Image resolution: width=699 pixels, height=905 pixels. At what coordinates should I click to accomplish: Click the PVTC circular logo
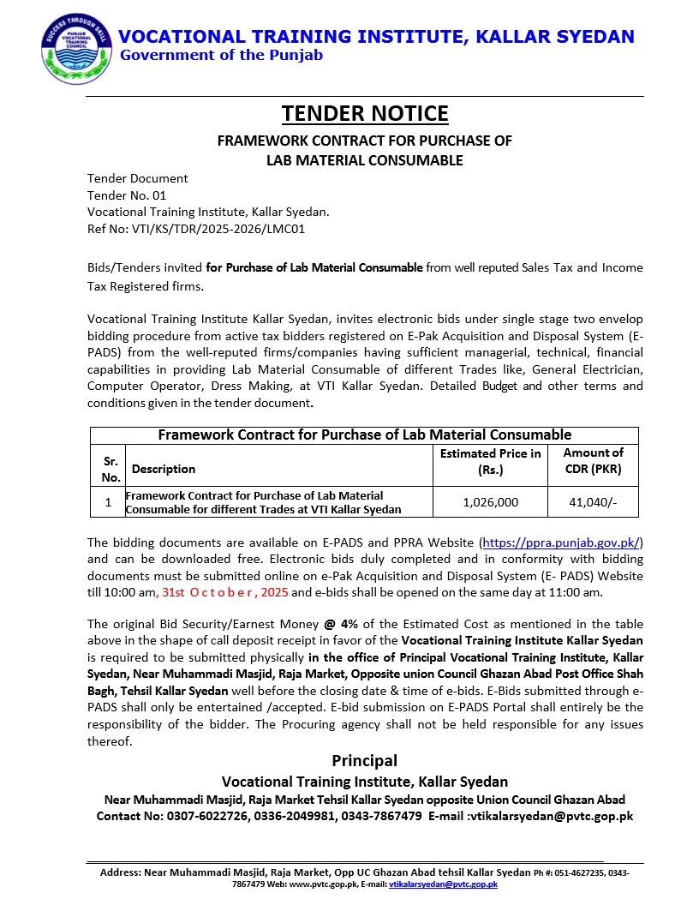tap(76, 50)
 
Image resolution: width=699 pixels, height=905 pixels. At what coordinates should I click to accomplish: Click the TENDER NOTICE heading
tap(365, 114)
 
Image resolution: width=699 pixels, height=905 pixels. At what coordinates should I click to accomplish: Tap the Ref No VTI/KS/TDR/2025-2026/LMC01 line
tap(196, 229)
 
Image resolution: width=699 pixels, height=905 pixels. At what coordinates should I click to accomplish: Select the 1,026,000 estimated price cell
tap(490, 503)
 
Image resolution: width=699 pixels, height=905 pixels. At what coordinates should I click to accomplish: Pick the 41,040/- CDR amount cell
tap(593, 503)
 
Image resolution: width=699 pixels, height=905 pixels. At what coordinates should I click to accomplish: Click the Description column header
tap(164, 469)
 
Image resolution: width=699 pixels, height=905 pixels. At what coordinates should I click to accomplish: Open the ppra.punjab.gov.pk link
tap(561, 542)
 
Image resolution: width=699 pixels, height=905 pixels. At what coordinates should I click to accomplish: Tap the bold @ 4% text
tap(342, 624)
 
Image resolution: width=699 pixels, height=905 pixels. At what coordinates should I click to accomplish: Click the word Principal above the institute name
tap(364, 760)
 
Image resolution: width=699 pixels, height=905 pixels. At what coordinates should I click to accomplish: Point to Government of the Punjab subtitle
tap(221, 56)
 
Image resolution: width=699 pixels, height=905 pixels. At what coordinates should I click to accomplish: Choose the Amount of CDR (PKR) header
tap(593, 461)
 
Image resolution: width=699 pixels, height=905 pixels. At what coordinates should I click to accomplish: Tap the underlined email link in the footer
tap(443, 884)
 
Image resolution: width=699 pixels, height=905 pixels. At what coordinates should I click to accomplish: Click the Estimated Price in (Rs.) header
tap(490, 461)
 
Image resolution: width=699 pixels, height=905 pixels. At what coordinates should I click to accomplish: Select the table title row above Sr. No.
tap(364, 435)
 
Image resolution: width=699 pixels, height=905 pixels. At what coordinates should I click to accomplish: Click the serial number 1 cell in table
tap(108, 503)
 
